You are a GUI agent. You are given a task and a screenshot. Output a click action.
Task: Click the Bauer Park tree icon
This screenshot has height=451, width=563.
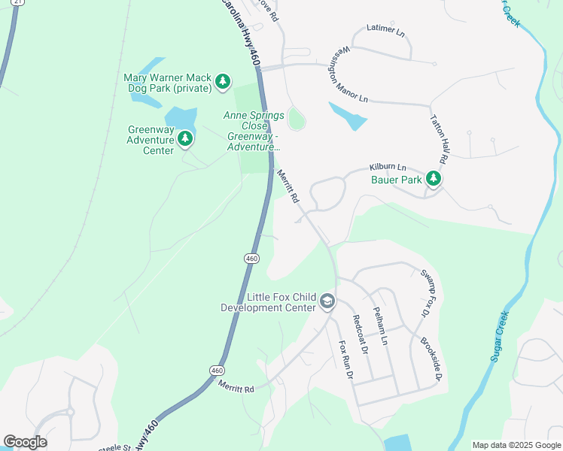coord(433,179)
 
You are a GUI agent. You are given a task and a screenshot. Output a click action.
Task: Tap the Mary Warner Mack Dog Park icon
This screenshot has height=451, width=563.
coord(222,81)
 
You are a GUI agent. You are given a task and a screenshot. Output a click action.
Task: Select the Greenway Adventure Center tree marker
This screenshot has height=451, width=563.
coord(184,138)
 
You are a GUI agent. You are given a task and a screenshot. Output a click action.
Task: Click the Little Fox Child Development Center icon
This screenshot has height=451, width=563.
coord(327,301)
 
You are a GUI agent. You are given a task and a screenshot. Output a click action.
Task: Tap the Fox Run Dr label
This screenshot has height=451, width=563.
coord(345,360)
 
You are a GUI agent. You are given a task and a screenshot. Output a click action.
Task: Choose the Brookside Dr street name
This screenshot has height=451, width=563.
coord(430,358)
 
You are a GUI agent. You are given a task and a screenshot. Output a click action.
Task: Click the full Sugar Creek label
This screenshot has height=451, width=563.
coord(501,334)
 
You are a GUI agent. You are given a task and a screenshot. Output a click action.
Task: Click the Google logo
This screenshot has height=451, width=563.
coord(25,442)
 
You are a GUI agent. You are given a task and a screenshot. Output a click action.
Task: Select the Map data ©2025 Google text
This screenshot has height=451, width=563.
coord(516,445)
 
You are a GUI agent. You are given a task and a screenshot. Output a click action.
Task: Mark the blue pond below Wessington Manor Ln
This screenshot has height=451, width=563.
coord(348,115)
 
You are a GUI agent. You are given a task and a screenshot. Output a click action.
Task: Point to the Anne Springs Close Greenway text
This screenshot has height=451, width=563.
coord(253,131)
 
